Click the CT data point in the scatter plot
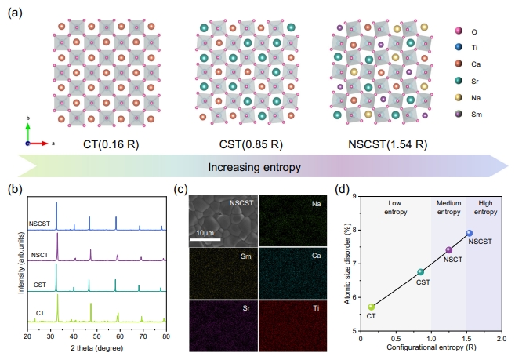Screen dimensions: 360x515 click(x=371, y=307)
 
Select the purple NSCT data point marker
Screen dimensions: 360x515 click(x=448, y=250)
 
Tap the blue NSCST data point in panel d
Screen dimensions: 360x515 click(x=469, y=233)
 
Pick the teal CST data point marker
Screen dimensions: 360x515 click(x=420, y=272)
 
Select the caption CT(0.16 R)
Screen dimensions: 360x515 click(x=111, y=144)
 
